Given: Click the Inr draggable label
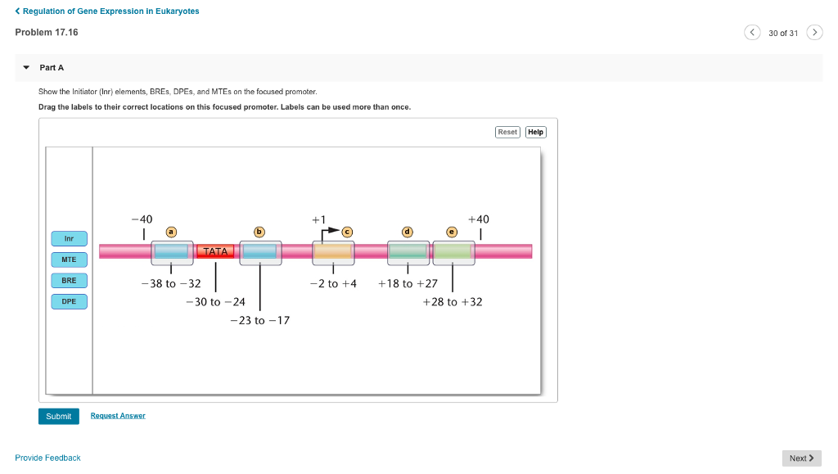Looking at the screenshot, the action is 69,239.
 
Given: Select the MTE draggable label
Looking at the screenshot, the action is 69,260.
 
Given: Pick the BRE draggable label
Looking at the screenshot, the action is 69,280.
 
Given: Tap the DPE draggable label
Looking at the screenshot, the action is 69,301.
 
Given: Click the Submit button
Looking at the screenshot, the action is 58,416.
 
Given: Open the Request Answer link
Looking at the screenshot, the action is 118,416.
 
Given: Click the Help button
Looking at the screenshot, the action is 535,132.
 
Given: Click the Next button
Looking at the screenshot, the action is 801,458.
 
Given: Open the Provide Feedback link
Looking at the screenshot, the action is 47,458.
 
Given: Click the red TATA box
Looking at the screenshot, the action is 216,251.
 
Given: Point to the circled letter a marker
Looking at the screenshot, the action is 171,232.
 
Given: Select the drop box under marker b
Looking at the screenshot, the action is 260,252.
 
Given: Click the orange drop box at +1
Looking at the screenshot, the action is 333,252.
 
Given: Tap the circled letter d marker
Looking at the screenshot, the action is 408,232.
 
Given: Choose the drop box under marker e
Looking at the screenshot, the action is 453,252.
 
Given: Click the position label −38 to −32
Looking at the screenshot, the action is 170,283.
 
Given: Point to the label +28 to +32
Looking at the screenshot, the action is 453,302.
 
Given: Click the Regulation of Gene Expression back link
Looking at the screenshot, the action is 107,11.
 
